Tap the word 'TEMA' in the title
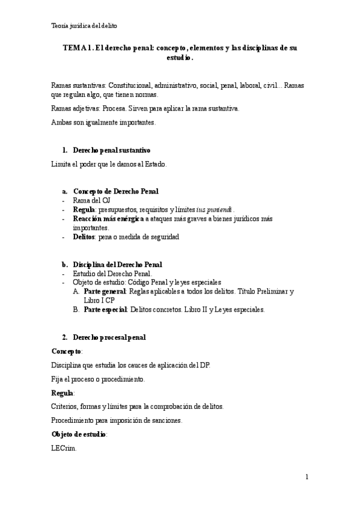(x=73, y=48)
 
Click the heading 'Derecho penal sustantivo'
(x=111, y=150)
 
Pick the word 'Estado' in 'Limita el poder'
(x=153, y=164)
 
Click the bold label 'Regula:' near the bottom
(x=63, y=393)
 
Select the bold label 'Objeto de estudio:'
(x=80, y=434)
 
